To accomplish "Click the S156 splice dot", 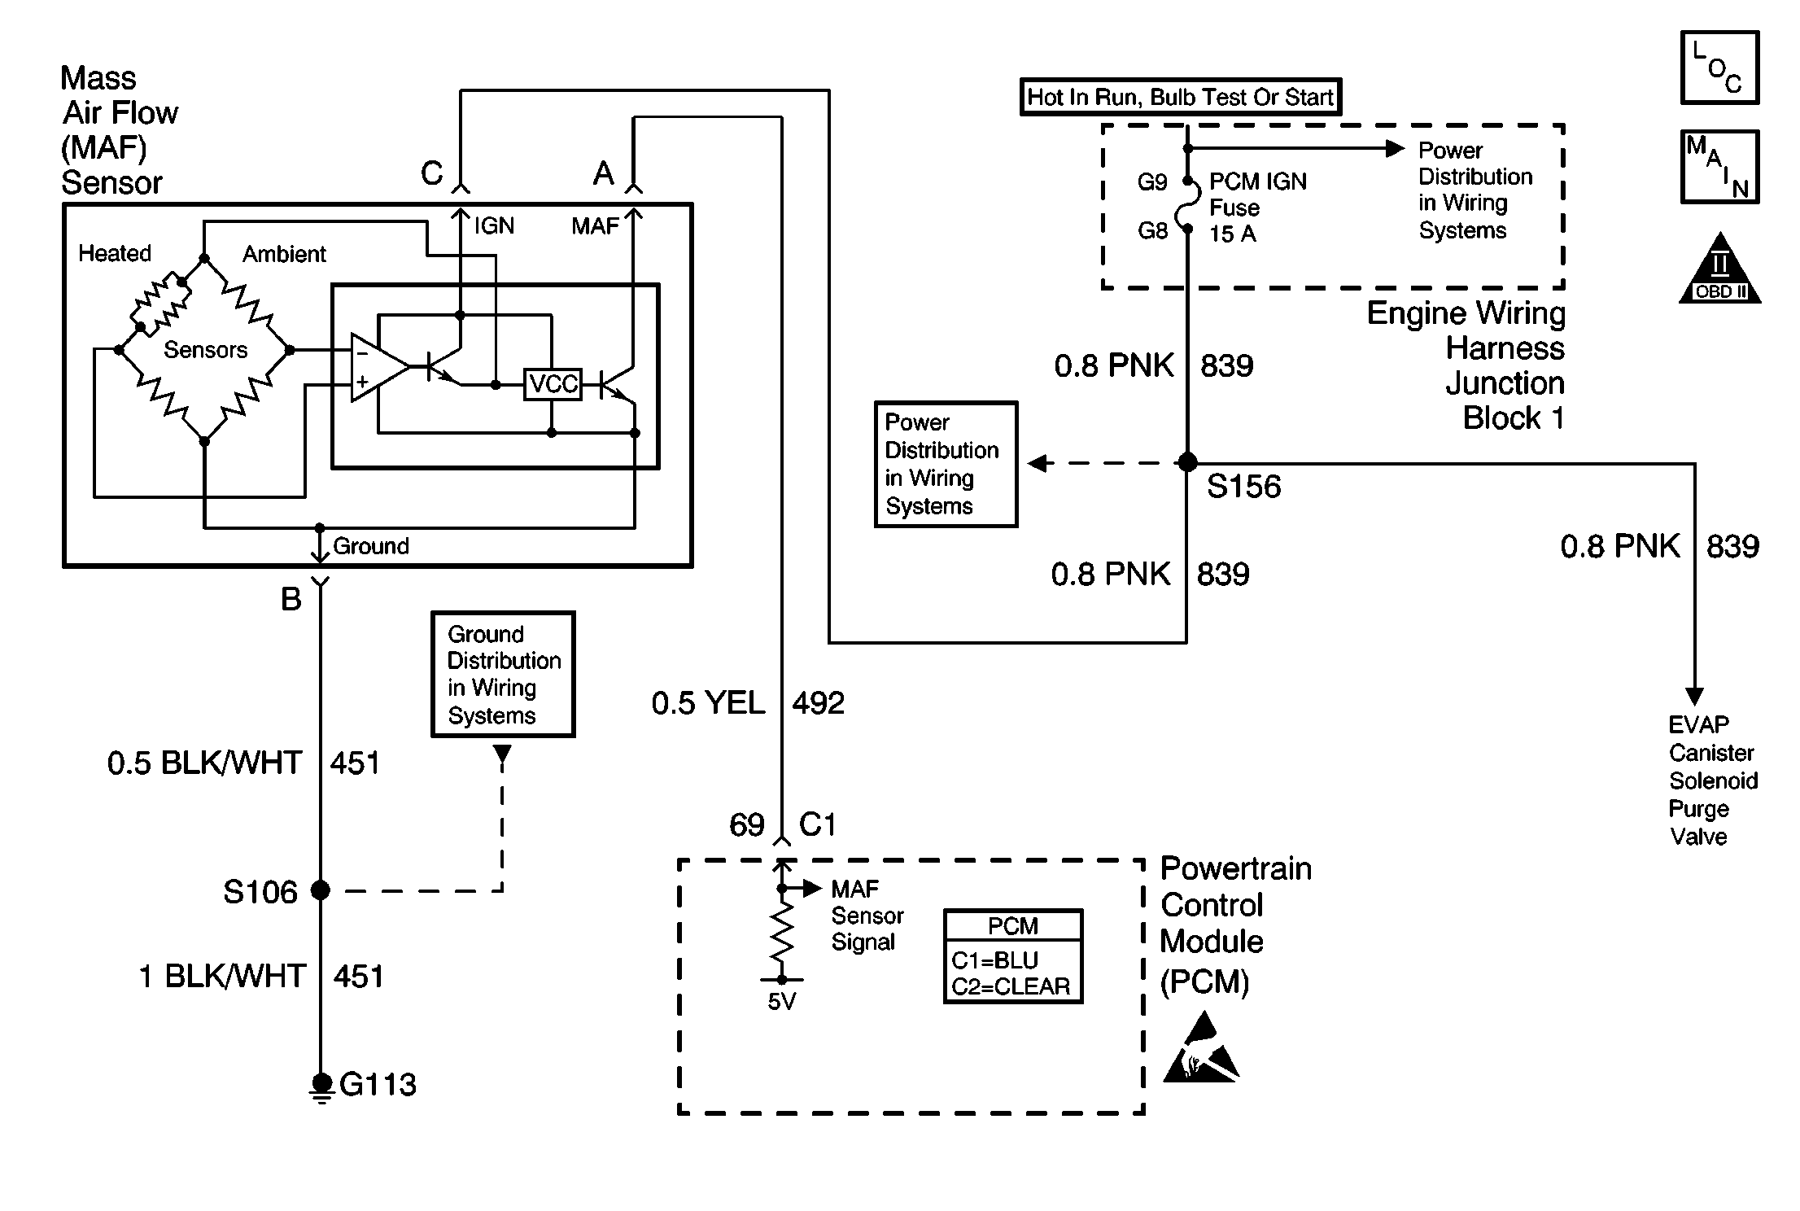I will tap(1187, 462).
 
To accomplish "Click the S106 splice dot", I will tap(321, 890).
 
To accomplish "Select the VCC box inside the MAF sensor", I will tap(553, 383).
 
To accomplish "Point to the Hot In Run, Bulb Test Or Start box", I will tap(1180, 97).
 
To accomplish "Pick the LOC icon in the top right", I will tap(1719, 68).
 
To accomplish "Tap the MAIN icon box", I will tap(1719, 167).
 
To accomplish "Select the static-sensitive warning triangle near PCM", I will tap(1199, 1050).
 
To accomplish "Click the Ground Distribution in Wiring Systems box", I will tap(503, 675).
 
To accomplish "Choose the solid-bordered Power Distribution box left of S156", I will tap(946, 464).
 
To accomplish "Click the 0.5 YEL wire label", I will tap(708, 703).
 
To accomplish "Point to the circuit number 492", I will tap(819, 703).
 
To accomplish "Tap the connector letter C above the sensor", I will tap(431, 173).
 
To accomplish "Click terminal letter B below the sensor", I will tap(291, 600).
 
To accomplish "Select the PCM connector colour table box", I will tap(1013, 957).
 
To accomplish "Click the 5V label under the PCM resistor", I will tap(781, 1002).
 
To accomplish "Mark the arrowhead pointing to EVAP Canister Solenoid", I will tap(1694, 697).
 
